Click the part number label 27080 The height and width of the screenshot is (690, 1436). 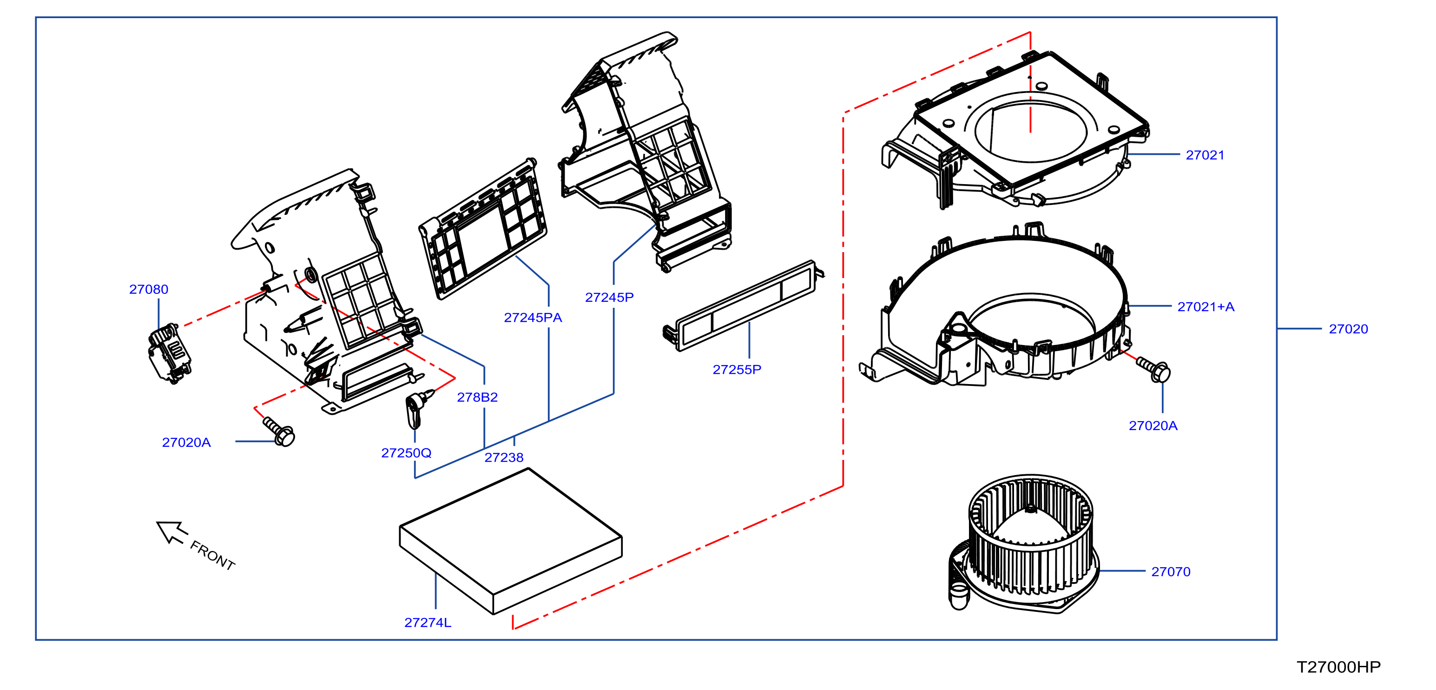[148, 290]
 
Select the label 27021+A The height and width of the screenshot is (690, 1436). [1206, 307]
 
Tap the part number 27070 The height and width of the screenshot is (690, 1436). [1171, 572]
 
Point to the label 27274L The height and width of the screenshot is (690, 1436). [428, 623]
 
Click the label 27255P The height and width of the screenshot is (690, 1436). [737, 369]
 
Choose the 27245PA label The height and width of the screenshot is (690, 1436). [533, 318]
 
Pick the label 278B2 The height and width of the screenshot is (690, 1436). [477, 397]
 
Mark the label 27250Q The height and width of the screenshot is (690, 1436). [406, 453]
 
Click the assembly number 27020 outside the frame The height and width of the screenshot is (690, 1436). [1349, 329]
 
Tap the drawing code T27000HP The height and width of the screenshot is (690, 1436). [1338, 667]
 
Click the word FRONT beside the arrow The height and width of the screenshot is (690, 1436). [212, 555]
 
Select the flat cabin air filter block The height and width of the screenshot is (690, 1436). [511, 541]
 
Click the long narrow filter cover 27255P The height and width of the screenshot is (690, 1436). [744, 305]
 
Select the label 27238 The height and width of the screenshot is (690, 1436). [504, 458]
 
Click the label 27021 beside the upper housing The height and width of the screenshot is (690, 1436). [1205, 155]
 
